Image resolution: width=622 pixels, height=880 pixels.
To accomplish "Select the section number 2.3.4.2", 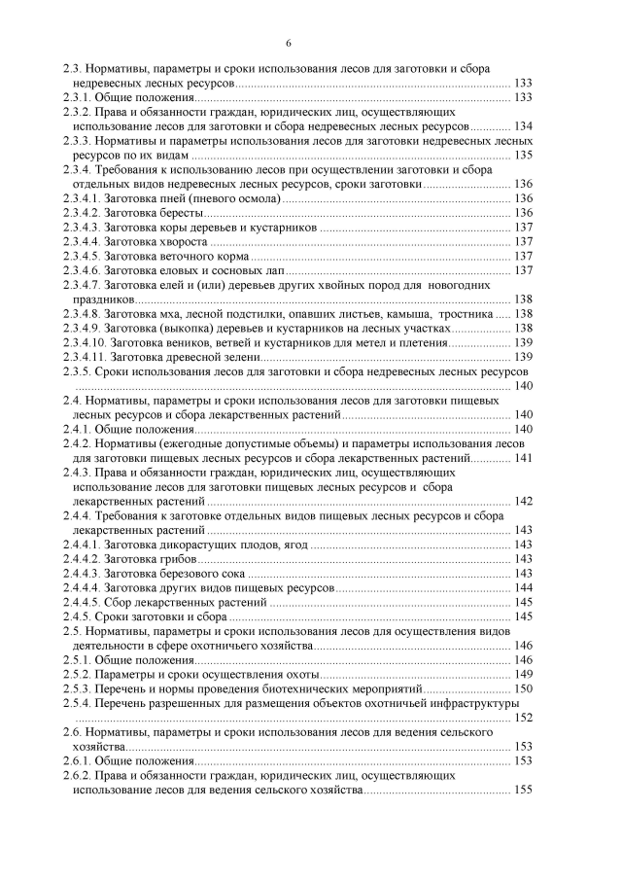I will pos(81,212).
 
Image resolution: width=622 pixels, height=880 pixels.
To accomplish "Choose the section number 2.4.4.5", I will pos(81,602).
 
